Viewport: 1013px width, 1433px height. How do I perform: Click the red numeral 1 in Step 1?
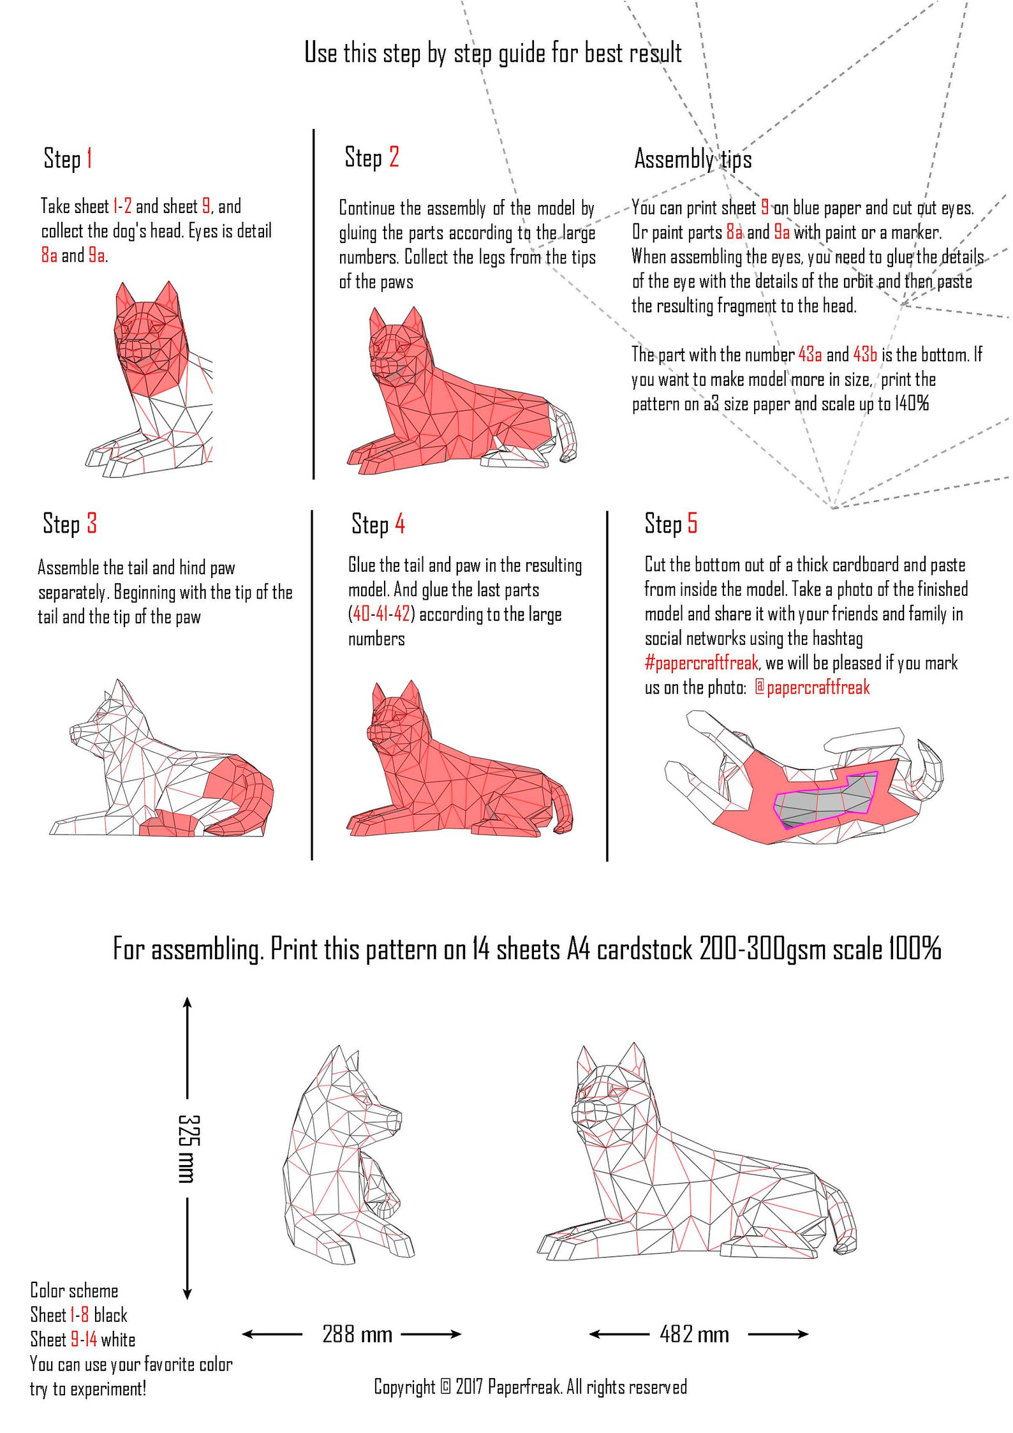89,158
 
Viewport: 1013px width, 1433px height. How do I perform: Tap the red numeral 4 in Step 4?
400,524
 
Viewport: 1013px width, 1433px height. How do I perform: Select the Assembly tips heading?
693,158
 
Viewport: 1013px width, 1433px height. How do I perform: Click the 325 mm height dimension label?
189,1148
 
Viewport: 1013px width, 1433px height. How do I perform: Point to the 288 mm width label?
357,1334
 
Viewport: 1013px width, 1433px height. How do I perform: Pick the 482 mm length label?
694,1334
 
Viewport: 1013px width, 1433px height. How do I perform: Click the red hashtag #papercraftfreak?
701,663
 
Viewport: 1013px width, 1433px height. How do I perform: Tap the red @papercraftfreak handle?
812,687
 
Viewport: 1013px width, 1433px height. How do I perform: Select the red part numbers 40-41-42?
381,614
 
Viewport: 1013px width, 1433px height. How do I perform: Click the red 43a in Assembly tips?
810,355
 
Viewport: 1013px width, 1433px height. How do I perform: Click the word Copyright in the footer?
404,1386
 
